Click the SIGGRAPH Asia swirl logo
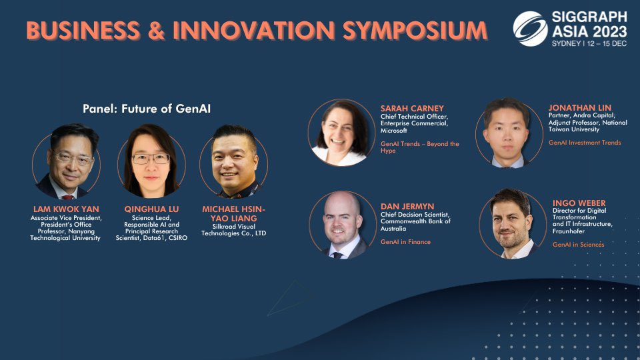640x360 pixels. (530, 29)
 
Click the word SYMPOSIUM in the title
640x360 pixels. (415, 31)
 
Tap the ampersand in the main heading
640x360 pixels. (156, 31)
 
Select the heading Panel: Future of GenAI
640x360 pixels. (147, 109)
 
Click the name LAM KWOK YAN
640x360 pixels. (66, 209)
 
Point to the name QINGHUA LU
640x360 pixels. (151, 209)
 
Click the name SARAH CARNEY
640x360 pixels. (412, 109)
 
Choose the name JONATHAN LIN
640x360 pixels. (579, 108)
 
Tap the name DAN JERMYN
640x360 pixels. (407, 207)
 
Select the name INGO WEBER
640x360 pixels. (579, 203)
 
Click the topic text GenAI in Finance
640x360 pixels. (405, 242)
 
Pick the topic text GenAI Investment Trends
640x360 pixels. (585, 143)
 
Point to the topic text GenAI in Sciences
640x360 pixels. (579, 245)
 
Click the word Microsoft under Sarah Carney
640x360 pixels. (393, 131)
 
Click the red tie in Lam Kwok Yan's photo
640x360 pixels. (68, 197)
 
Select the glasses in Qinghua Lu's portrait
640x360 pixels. (151, 159)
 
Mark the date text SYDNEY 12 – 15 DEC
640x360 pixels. (589, 44)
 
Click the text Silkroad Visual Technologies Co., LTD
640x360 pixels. (233, 230)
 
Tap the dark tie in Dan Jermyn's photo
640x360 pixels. (337, 255)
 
